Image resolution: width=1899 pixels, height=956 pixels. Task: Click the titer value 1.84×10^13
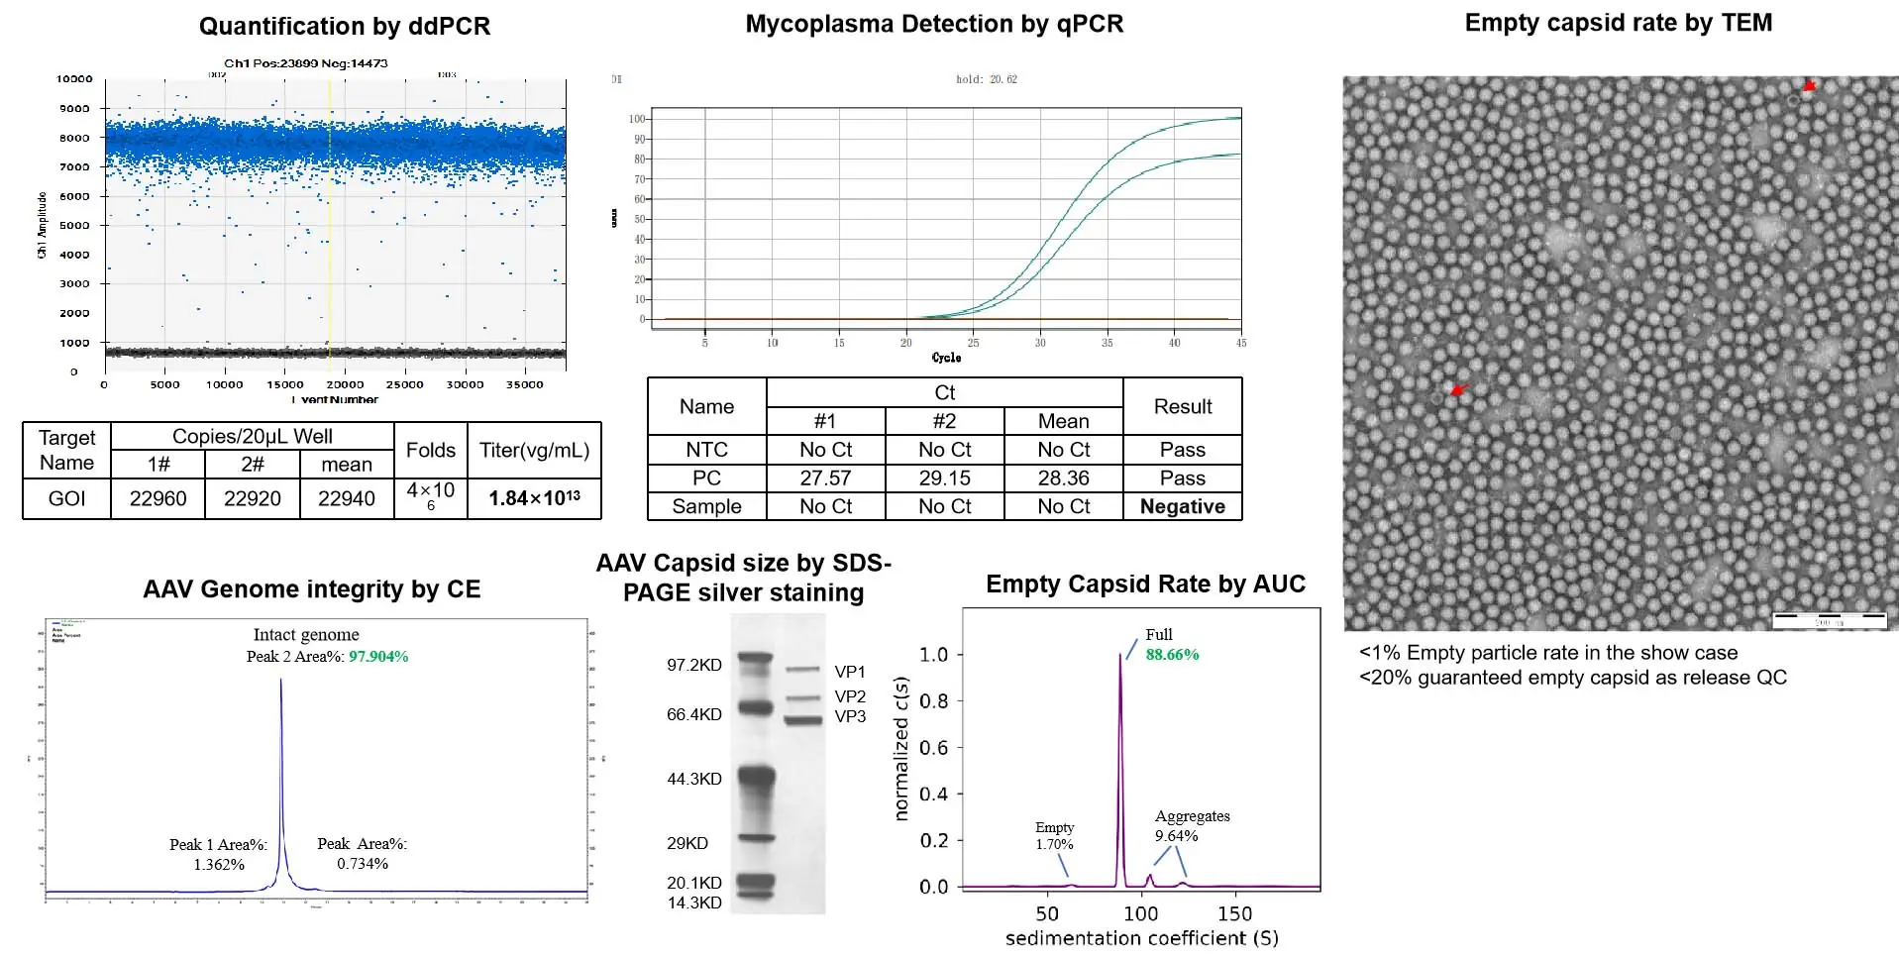[534, 498]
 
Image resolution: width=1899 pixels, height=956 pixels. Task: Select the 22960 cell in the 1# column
[158, 498]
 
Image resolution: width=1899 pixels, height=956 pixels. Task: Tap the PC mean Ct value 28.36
[1063, 478]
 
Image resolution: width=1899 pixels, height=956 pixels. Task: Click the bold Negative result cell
[1182, 506]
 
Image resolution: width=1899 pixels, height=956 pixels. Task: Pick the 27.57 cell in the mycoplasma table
[825, 478]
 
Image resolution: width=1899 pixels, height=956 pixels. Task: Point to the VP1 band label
[850, 672]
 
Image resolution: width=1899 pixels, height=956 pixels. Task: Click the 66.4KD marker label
[693, 714]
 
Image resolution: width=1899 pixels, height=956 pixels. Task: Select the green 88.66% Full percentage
[1172, 655]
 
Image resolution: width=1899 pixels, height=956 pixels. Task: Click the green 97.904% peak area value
[378, 656]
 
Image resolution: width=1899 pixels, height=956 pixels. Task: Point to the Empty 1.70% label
[1054, 835]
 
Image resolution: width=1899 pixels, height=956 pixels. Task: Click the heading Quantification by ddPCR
[344, 26]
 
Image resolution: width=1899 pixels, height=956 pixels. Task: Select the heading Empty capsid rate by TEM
[1618, 23]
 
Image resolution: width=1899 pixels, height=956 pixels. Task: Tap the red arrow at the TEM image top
[1809, 86]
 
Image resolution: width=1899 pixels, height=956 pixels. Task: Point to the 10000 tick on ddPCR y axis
[74, 78]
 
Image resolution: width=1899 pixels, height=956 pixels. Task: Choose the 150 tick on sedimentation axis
[1234, 913]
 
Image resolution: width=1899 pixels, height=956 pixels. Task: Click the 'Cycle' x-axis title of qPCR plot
[946, 358]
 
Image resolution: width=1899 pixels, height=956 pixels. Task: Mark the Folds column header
[430, 450]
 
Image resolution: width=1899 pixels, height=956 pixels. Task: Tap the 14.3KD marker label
[693, 903]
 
